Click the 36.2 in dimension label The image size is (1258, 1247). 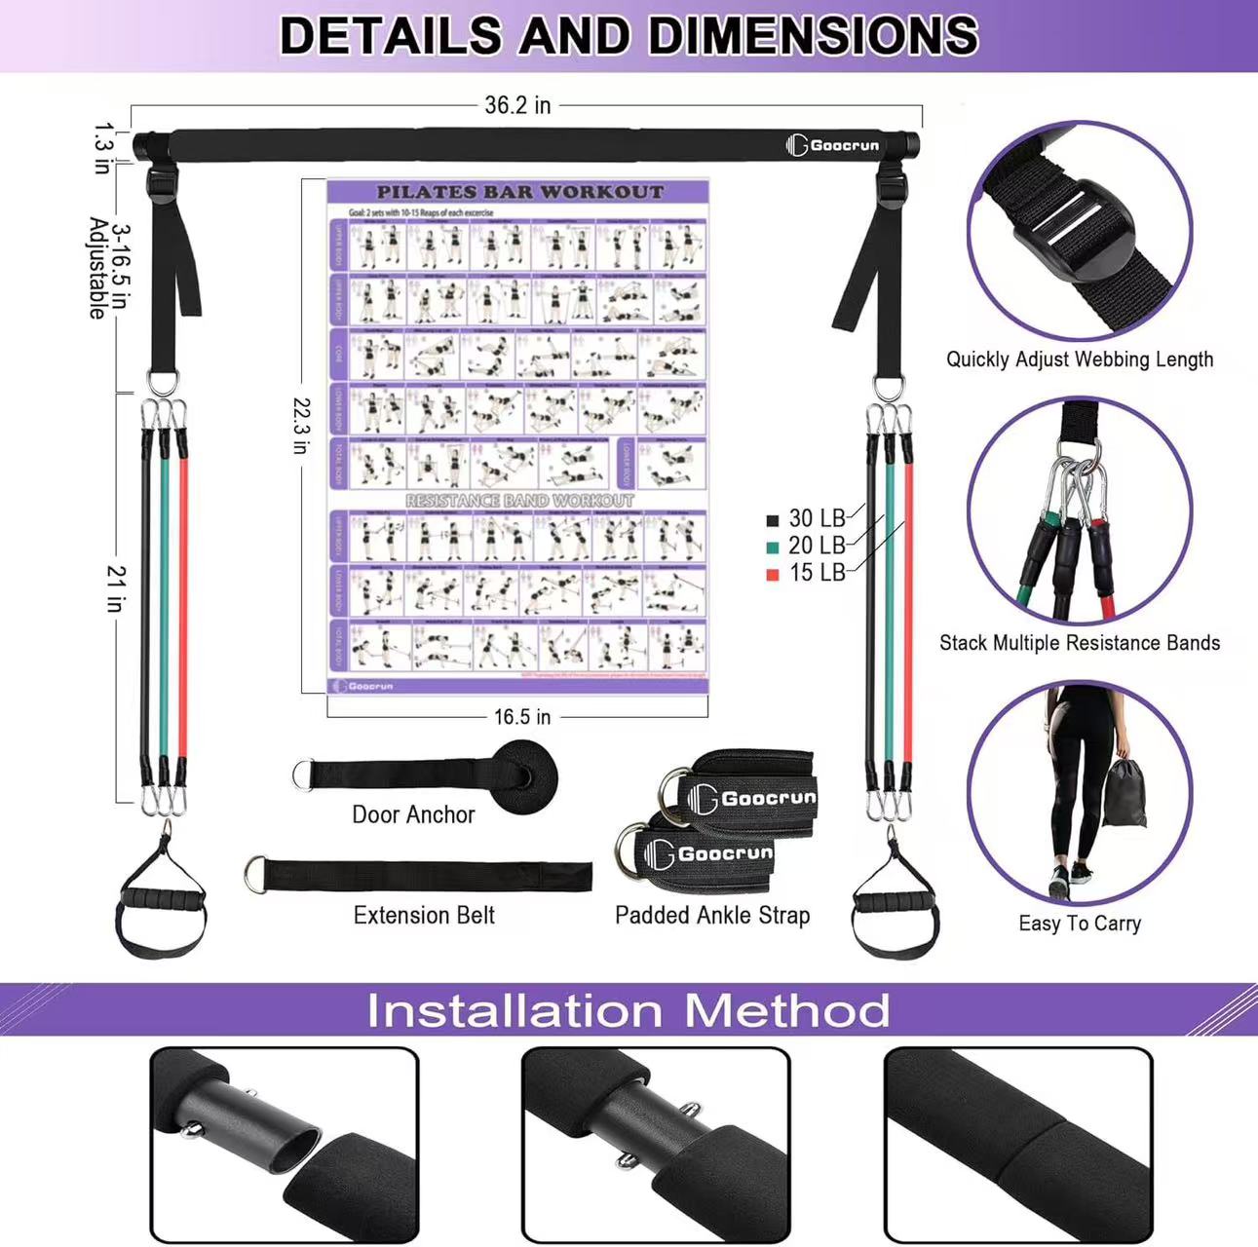click(x=517, y=105)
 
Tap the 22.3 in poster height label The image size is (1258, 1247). click(x=301, y=426)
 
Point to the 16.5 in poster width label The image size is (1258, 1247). click(x=521, y=717)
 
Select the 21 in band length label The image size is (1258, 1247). click(x=116, y=588)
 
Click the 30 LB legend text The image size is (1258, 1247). click(x=817, y=518)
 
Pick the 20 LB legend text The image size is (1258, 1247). click(x=817, y=546)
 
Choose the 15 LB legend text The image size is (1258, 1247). click(x=817, y=573)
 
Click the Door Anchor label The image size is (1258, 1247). click(x=413, y=814)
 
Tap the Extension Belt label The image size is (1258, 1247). click(x=424, y=916)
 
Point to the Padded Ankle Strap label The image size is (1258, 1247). click(x=712, y=916)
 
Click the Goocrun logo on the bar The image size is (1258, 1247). click(x=833, y=146)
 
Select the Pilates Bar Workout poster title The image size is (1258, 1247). click(x=519, y=192)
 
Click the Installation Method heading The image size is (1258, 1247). click(x=629, y=1010)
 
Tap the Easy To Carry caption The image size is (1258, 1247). click(x=1080, y=924)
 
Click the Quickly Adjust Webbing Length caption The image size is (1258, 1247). click(x=1080, y=359)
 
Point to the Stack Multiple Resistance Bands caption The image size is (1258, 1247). click(x=1080, y=643)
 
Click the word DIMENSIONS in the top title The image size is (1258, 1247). click(x=813, y=36)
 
